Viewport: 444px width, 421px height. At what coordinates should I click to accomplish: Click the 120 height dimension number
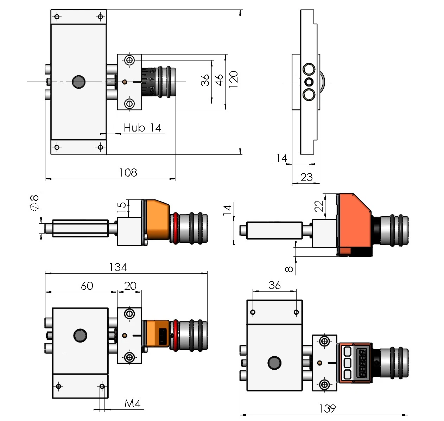[x=234, y=79]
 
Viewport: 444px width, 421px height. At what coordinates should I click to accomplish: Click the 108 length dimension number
[x=128, y=172]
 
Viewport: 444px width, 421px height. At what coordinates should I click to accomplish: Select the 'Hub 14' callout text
[x=142, y=127]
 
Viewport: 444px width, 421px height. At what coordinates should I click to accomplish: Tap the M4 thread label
[x=133, y=403]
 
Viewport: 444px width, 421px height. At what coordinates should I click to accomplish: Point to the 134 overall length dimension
[x=118, y=267]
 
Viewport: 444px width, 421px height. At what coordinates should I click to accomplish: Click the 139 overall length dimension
[x=327, y=408]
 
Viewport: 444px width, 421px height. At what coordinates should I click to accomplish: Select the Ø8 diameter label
[x=35, y=203]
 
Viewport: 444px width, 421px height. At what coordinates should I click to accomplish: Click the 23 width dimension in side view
[x=306, y=177]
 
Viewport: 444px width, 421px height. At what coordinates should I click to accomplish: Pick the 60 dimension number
[x=87, y=286]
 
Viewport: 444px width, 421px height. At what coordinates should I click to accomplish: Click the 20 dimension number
[x=130, y=286]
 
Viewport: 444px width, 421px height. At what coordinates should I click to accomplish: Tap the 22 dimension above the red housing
[x=319, y=206]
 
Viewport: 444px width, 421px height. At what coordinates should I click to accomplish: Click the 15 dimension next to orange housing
[x=121, y=208]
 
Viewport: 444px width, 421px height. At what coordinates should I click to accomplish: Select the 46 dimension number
[x=219, y=80]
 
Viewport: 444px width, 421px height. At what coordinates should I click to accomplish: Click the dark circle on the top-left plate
[x=78, y=82]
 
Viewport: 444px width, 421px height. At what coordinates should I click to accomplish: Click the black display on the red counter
[x=363, y=363]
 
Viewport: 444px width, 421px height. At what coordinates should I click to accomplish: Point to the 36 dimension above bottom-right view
[x=274, y=285]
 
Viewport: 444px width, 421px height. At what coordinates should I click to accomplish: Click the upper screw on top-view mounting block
[x=130, y=60]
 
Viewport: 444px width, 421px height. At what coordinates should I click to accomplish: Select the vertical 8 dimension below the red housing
[x=289, y=269]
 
